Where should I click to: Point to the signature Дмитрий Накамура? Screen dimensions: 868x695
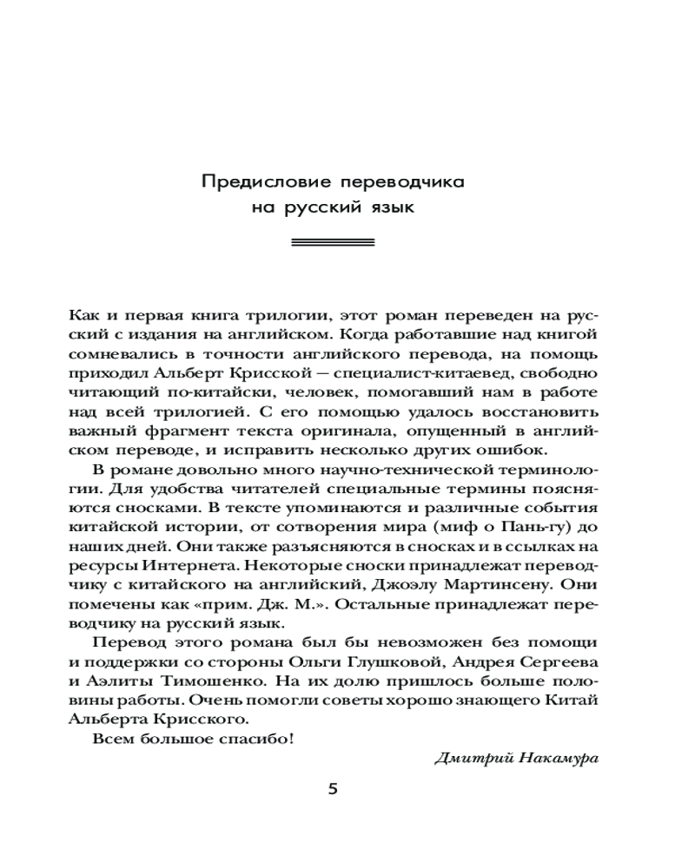(517, 757)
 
